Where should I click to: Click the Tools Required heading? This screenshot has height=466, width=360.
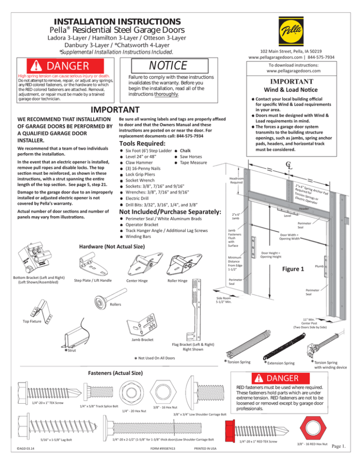142,143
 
